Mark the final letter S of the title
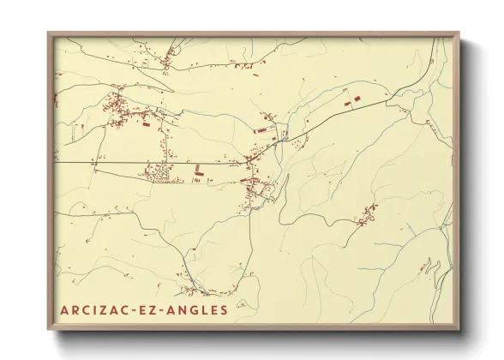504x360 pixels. [x=225, y=309]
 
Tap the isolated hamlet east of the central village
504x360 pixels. [x=368, y=213]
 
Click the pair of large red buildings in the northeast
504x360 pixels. [x=351, y=100]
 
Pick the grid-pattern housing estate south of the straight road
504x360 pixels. [x=159, y=174]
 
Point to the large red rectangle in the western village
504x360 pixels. [x=145, y=124]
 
